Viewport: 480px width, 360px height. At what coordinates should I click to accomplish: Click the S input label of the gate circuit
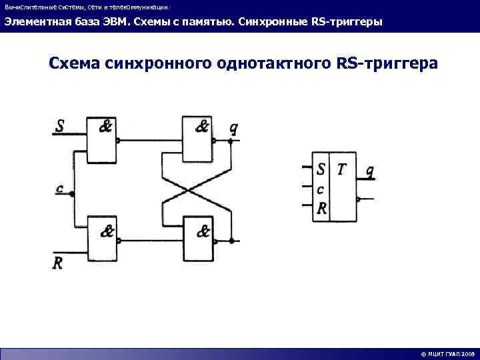61,125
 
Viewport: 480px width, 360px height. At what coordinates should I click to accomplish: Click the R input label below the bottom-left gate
58,262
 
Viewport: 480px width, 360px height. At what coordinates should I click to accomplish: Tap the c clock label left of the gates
61,189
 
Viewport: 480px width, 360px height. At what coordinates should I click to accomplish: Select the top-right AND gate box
198,140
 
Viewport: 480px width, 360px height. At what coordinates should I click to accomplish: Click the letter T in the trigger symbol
342,170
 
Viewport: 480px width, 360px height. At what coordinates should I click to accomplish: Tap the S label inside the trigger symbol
322,170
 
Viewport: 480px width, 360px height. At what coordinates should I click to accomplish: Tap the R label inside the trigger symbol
322,209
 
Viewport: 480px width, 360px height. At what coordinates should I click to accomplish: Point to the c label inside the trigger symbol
321,189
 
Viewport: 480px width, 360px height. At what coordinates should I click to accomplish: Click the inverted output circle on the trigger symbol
359,199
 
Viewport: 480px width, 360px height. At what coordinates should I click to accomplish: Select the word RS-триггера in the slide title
387,64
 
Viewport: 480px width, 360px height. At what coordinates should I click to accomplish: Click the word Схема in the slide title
73,64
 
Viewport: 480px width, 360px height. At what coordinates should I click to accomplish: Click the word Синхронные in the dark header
275,22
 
